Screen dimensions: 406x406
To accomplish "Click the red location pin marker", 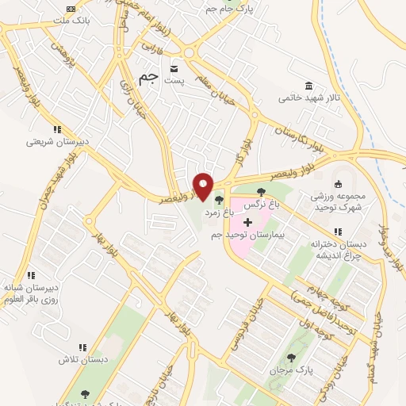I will (204, 186).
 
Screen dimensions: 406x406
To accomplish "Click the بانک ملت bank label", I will (71, 18).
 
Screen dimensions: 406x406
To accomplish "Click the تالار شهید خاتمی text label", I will (307, 99).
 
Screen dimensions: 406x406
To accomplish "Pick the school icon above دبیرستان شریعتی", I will (56, 128).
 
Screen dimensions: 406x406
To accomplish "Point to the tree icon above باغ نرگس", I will (261, 192).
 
